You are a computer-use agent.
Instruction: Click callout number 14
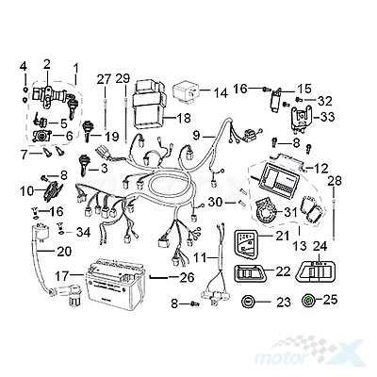(221, 93)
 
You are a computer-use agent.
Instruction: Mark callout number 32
(325, 101)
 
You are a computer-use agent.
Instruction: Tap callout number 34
(83, 232)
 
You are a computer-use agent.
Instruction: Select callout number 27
(104, 78)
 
